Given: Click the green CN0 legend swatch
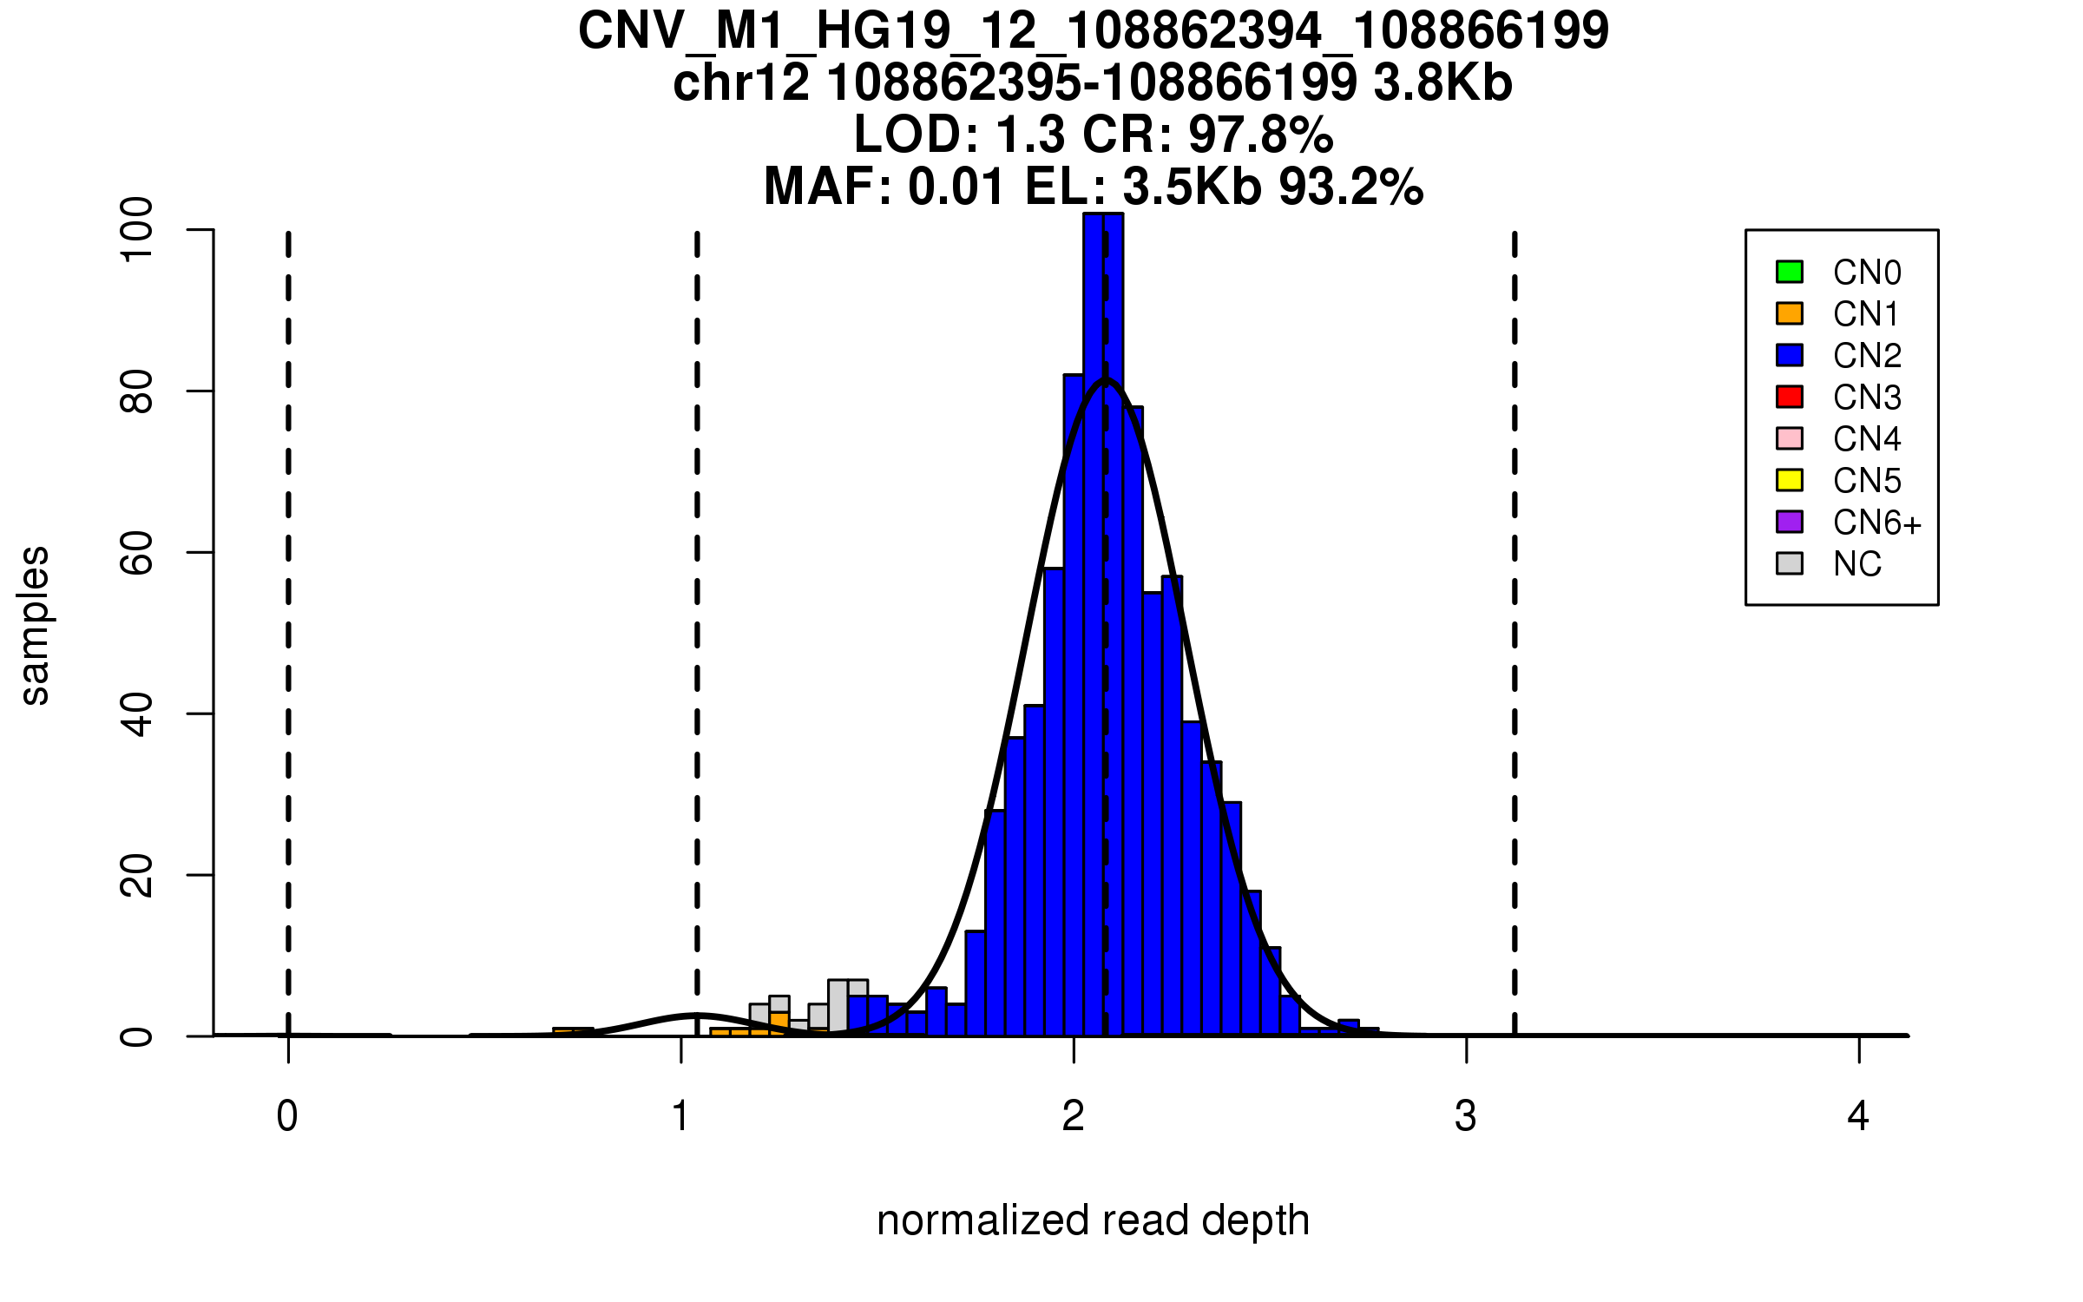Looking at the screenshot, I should (1790, 272).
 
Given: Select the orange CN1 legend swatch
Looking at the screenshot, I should (1790, 313).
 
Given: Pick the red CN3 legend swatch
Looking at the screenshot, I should (1790, 397).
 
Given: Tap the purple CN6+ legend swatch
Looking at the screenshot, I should (1790, 522).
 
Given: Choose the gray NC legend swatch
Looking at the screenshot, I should (1790, 563).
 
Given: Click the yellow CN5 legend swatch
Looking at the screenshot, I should (1790, 480).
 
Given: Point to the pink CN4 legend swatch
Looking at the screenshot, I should (1790, 438).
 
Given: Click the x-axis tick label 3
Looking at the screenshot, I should (1466, 1116).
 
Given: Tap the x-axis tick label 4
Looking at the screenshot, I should (1858, 1116).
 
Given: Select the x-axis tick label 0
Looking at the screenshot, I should (287, 1116).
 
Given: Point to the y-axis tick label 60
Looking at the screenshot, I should (137, 553).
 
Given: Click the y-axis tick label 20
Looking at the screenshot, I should (137, 875).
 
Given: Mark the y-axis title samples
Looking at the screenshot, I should (35, 625).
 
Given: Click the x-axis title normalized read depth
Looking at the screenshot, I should (1093, 1220).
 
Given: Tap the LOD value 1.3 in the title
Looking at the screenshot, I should (1032, 135).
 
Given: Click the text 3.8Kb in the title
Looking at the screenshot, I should (1443, 83).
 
